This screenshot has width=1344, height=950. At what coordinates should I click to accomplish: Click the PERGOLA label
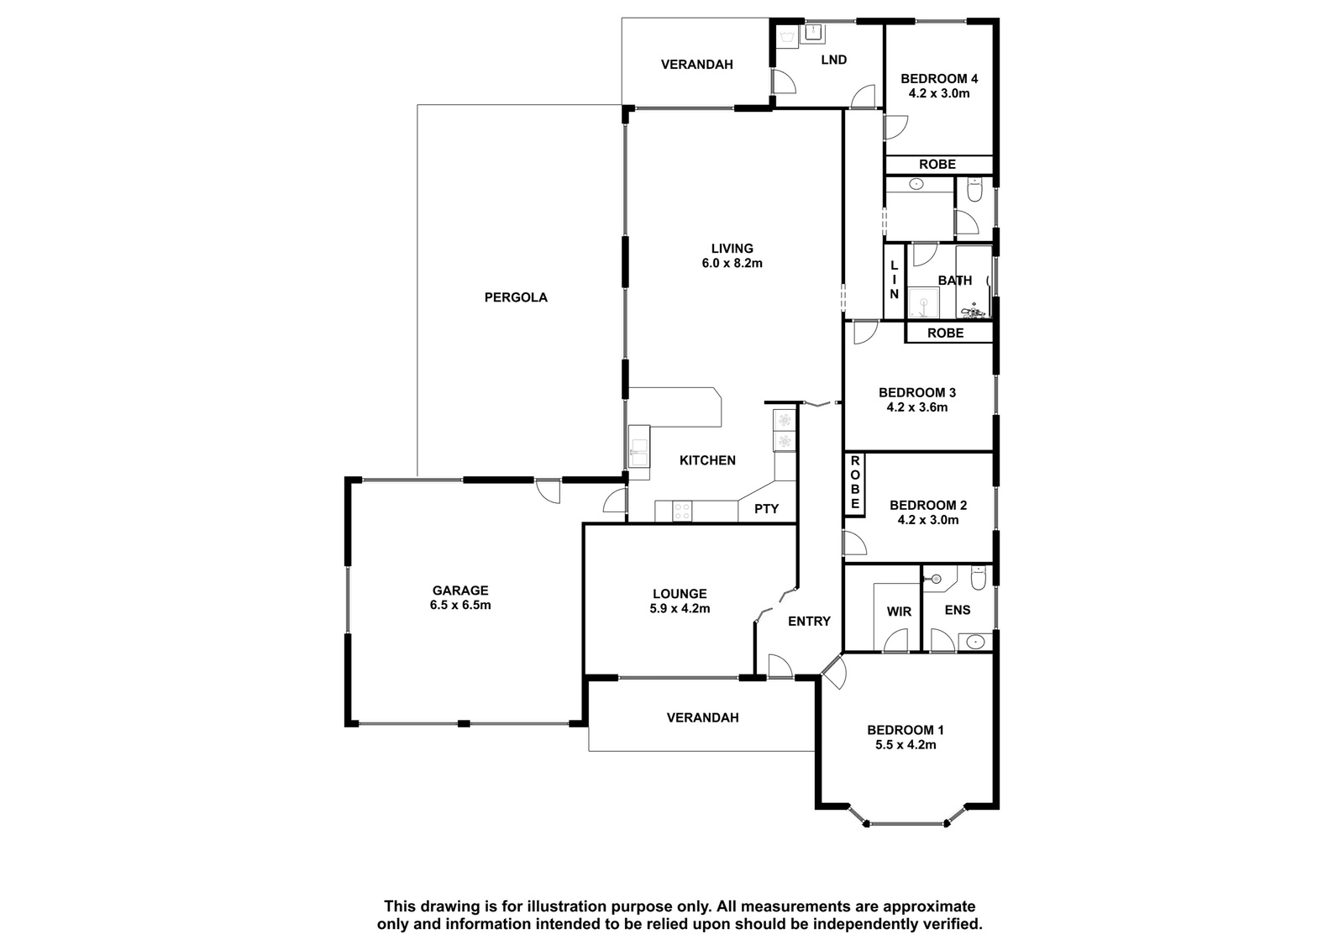pos(516,297)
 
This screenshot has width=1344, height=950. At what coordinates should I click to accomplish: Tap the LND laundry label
pos(833,60)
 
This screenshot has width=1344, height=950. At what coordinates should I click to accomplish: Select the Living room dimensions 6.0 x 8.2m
pos(732,263)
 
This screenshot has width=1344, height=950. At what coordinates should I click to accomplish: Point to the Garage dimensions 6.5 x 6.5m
pos(460,605)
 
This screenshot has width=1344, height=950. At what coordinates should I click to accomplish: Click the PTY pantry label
pos(766,509)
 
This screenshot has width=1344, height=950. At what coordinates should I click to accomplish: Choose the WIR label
pos(899,611)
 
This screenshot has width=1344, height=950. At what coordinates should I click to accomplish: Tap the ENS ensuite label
pos(957,610)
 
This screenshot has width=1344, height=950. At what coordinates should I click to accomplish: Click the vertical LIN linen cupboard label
pos(894,280)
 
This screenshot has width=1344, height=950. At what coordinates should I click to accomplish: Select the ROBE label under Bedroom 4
pos(937,165)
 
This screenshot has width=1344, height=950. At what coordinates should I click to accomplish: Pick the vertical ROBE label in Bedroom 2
pos(855,482)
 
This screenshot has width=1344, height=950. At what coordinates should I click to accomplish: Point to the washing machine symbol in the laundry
pos(786,38)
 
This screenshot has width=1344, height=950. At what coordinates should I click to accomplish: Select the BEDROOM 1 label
pos(906,731)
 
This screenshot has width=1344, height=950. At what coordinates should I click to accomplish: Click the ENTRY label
pos(809,621)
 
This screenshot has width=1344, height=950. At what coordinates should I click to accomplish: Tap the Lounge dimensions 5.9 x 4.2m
pos(680,608)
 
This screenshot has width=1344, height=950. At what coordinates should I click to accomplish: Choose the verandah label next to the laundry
pos(696,64)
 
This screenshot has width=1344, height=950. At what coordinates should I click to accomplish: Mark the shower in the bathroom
pos(923,302)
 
